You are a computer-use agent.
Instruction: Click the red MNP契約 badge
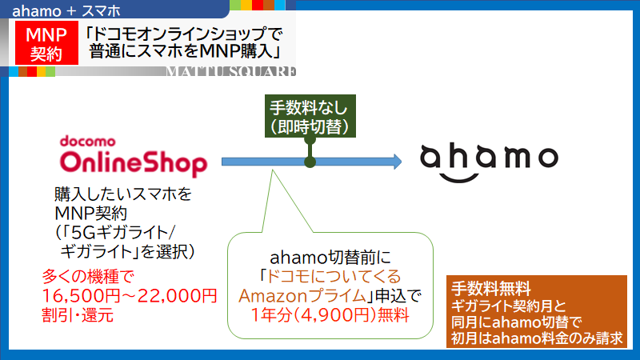click(46, 43)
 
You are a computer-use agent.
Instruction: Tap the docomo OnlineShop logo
click(134, 156)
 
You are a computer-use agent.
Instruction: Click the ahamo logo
click(489, 162)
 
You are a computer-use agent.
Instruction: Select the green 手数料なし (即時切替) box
click(310, 116)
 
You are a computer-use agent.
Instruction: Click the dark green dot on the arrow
click(310, 162)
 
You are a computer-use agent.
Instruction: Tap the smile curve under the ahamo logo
click(459, 178)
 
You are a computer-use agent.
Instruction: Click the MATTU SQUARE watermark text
click(230, 71)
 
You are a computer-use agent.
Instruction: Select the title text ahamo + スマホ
click(66, 10)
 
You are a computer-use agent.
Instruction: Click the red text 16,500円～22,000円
click(130, 295)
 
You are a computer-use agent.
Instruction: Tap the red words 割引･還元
click(78, 315)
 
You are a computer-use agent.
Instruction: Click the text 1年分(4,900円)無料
click(330, 314)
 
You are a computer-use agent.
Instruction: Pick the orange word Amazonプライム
click(302, 296)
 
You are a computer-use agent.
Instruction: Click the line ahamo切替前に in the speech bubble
click(330, 258)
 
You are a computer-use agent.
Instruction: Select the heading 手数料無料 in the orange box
click(491, 289)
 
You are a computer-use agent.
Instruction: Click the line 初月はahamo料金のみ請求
click(537, 338)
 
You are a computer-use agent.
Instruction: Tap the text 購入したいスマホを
click(123, 194)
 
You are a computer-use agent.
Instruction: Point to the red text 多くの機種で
click(88, 277)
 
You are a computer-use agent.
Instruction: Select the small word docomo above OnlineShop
click(88, 142)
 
